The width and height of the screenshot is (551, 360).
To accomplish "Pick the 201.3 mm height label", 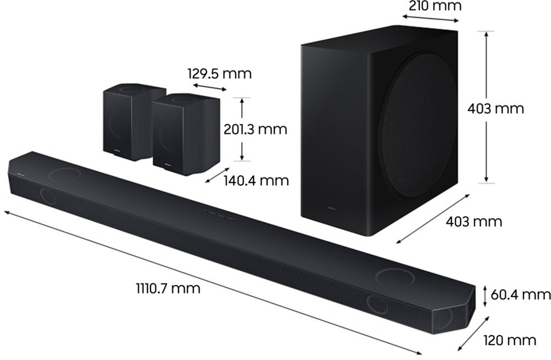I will tap(255, 130).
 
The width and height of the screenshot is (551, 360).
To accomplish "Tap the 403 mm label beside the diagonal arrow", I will tap(474, 222).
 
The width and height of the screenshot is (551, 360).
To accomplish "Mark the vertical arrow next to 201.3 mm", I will tap(241, 130).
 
